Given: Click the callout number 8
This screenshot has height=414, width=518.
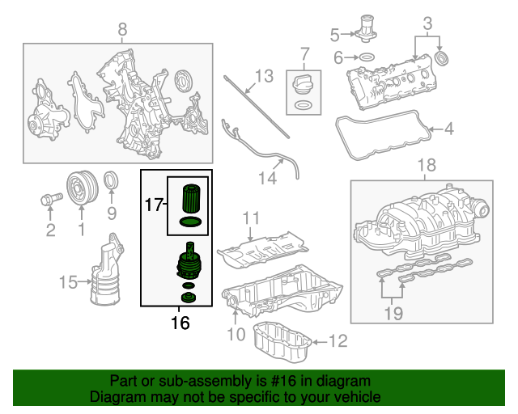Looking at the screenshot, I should [122, 31].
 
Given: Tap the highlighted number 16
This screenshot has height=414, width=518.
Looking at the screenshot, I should [180, 323].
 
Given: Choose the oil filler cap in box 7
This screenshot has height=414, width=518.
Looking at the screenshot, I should [304, 84].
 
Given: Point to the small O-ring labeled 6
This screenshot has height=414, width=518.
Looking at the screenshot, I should [365, 57].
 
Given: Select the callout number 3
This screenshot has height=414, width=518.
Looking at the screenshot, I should [427, 21].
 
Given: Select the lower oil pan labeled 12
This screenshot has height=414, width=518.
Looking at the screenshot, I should [283, 344].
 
